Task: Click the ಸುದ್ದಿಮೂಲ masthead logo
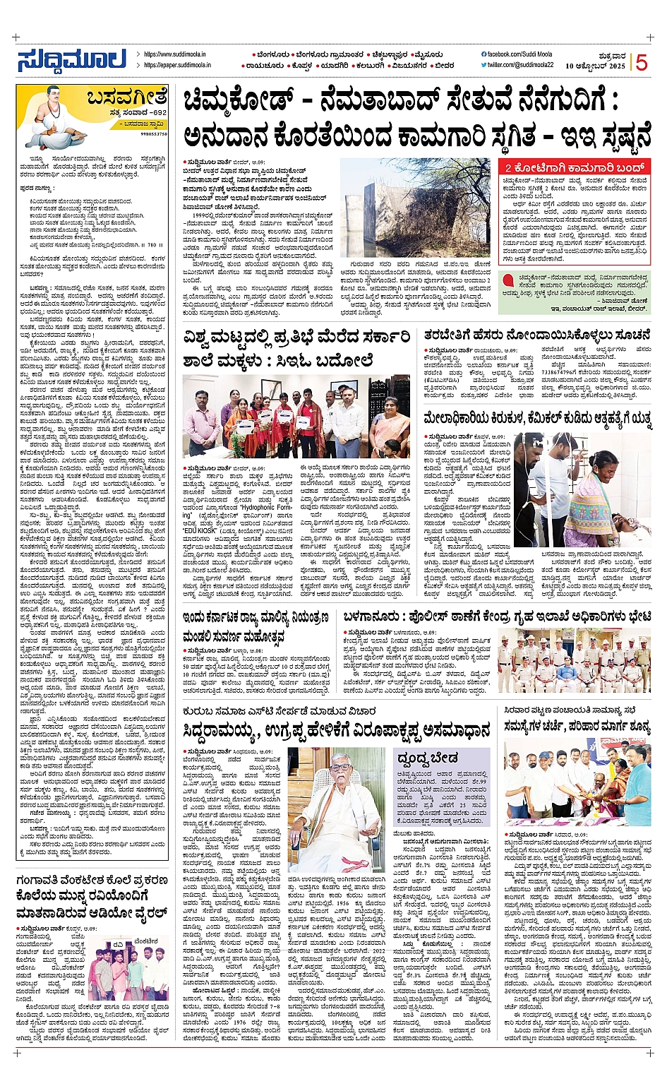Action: (x=71, y=60)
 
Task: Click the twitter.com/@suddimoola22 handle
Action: (x=520, y=65)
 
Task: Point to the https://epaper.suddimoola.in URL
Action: (x=177, y=65)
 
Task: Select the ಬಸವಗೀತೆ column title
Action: (x=127, y=97)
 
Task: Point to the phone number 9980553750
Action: (x=153, y=133)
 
